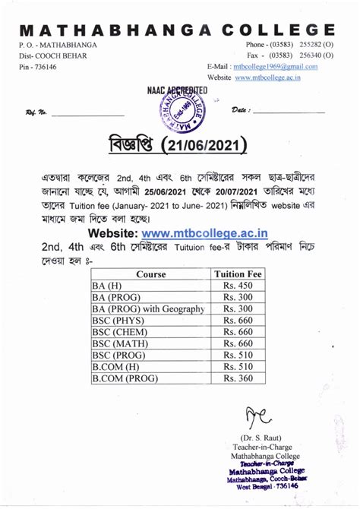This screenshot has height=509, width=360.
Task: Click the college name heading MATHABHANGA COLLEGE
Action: click(179, 30)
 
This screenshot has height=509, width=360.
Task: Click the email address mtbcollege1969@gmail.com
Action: click(275, 67)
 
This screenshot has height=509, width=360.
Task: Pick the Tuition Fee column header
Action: click(238, 273)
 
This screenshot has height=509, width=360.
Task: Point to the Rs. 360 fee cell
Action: click(238, 377)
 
